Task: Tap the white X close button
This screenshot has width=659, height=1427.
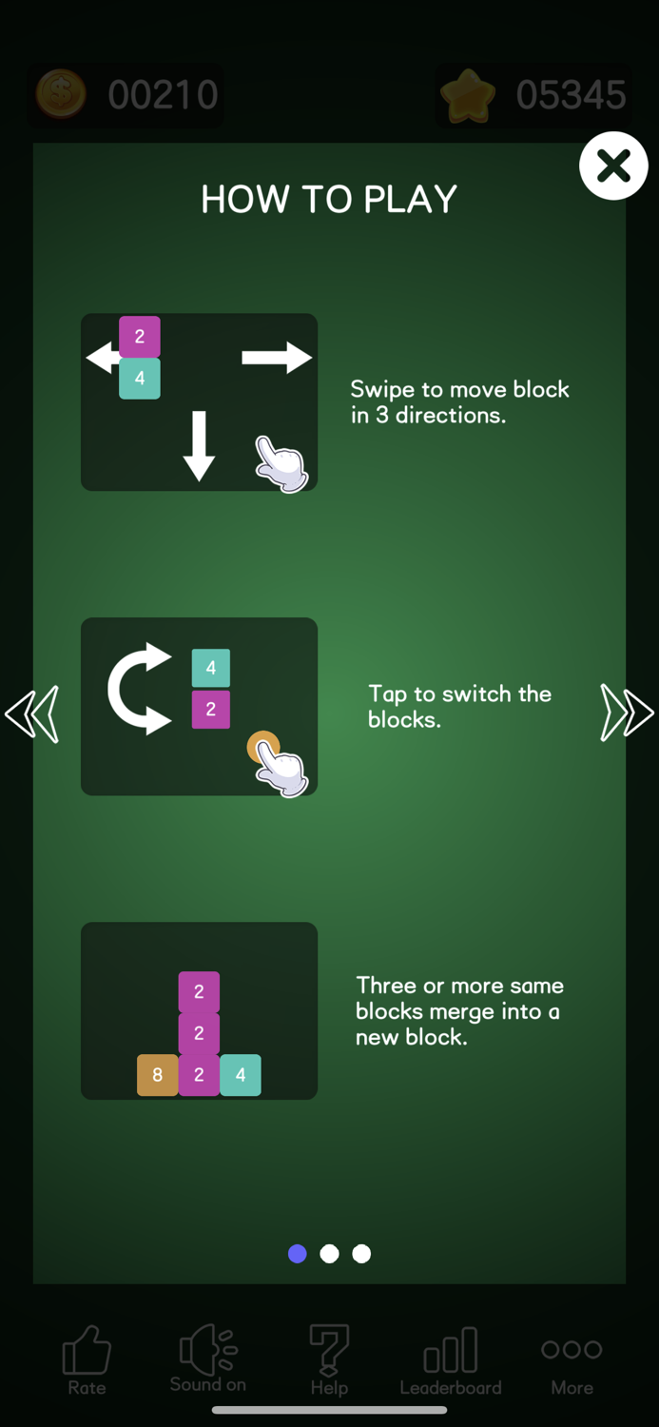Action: click(613, 166)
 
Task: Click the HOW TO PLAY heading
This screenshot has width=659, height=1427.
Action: click(328, 199)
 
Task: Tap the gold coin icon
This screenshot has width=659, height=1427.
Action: click(61, 94)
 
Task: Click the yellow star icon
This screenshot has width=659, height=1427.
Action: click(468, 95)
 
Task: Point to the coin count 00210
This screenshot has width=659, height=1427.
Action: click(163, 95)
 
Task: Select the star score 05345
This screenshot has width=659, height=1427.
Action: click(572, 95)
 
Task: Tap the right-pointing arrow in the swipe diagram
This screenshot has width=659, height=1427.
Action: click(277, 358)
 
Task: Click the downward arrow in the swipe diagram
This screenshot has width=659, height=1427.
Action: click(199, 446)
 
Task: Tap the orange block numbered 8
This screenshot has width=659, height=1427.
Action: click(157, 1075)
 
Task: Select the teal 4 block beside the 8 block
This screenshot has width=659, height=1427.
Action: click(240, 1075)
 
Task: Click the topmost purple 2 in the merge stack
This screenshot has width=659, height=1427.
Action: click(199, 992)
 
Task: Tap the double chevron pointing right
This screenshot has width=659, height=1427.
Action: click(627, 713)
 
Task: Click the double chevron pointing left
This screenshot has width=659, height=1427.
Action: click(31, 714)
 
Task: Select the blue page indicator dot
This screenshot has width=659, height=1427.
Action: click(298, 1254)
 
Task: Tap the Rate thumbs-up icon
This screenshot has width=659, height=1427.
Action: click(87, 1349)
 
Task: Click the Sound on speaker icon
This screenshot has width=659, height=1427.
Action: click(208, 1349)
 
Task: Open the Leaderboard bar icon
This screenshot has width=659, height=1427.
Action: click(450, 1350)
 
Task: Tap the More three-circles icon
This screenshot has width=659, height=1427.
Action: click(572, 1349)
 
